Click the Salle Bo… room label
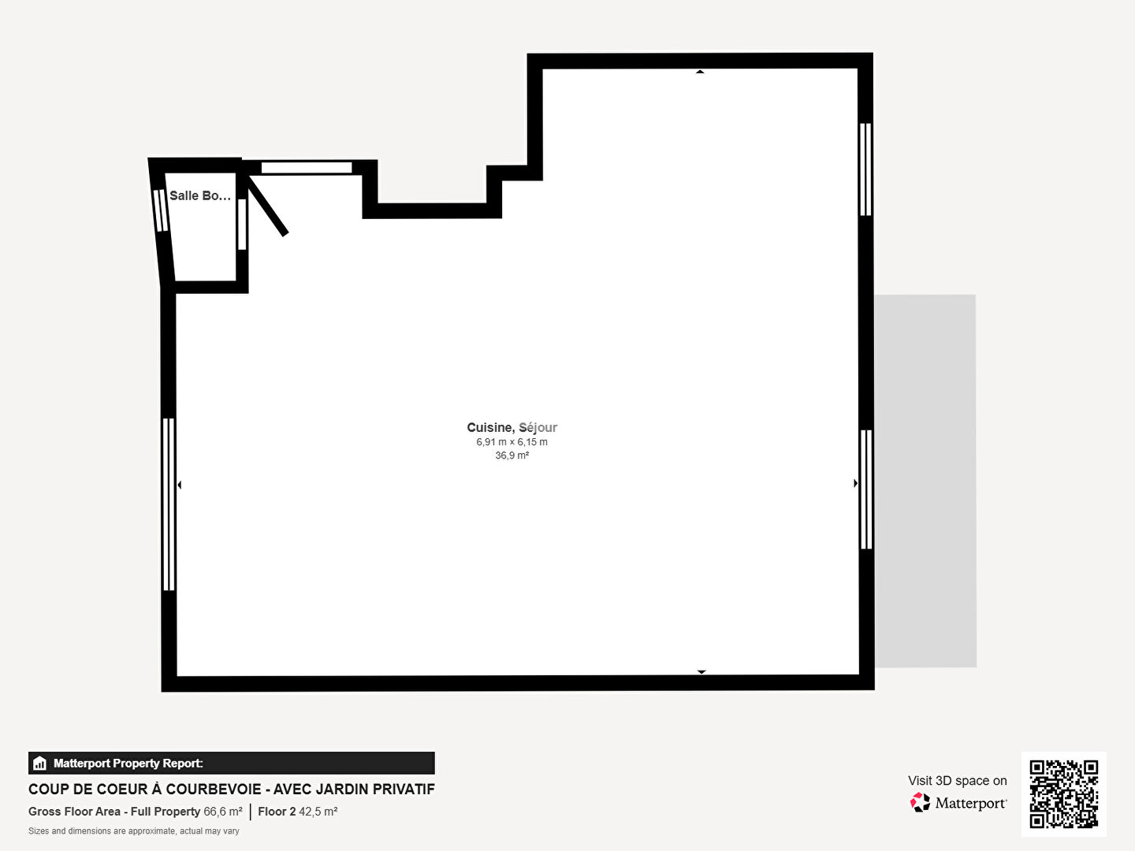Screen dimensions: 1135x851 [200, 196]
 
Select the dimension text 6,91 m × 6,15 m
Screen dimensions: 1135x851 [512, 442]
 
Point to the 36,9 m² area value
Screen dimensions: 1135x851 [512, 455]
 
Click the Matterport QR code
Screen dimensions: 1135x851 [1063, 793]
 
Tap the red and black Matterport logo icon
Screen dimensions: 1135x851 [920, 802]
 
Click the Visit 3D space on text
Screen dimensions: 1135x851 [958, 781]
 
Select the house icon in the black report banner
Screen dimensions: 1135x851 [40, 764]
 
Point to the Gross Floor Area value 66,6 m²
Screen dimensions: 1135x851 [223, 812]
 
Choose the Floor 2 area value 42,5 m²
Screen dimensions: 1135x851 [318, 812]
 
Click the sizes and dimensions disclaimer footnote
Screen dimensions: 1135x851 [134, 831]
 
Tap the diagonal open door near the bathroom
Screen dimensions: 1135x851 [267, 205]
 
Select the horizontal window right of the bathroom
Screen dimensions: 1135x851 [307, 167]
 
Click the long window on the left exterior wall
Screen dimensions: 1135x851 [169, 504]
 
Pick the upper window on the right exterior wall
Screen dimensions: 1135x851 [865, 169]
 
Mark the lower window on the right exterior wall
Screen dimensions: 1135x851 [866, 489]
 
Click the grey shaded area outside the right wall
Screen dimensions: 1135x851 [925, 481]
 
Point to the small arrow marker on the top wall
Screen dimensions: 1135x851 [700, 72]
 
